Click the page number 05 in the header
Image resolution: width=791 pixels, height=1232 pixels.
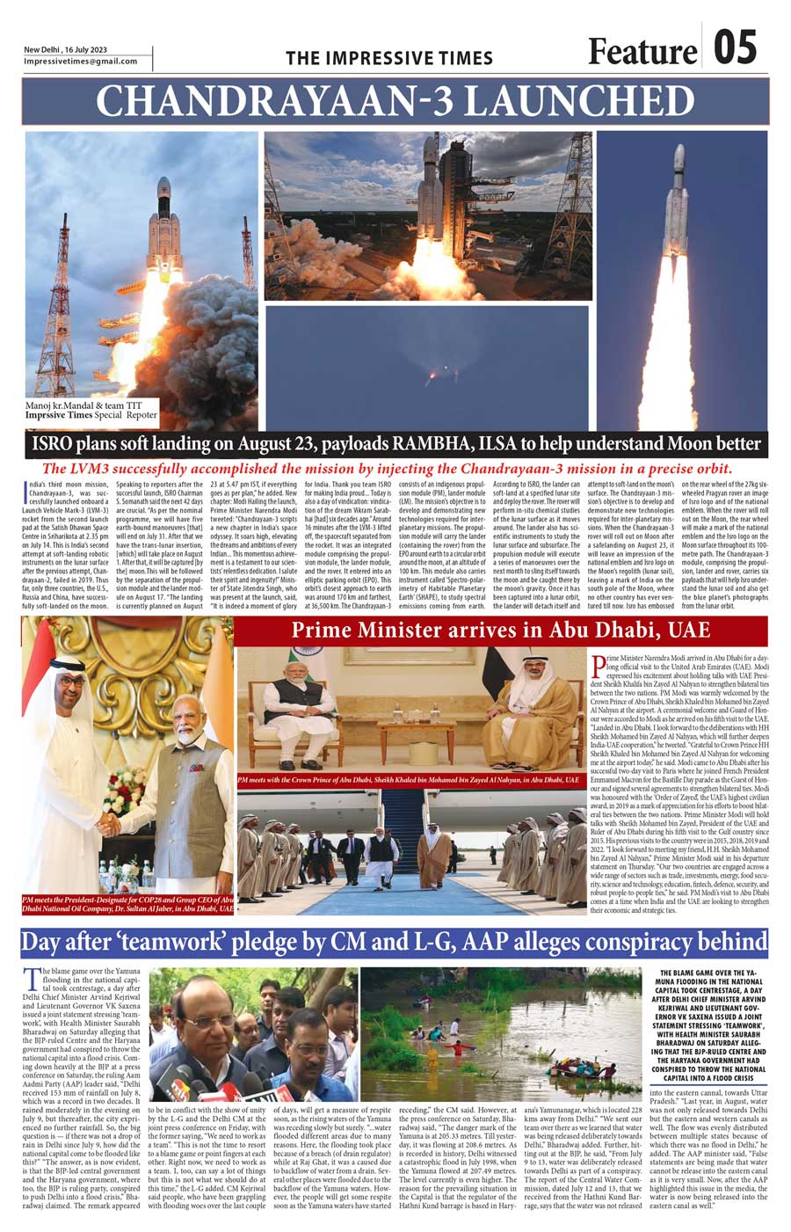(x=735, y=48)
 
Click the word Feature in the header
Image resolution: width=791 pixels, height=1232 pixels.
(x=642, y=52)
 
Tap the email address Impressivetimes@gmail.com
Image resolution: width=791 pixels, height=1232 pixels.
(x=81, y=62)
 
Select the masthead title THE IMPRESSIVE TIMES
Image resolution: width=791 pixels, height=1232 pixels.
(x=389, y=59)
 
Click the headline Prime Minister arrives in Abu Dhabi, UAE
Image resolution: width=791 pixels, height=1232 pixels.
(x=501, y=631)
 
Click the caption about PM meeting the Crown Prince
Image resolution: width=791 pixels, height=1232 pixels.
(x=409, y=780)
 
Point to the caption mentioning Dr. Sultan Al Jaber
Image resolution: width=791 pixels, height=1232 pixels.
(x=128, y=904)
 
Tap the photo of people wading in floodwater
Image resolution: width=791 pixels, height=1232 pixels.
(x=501, y=1034)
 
